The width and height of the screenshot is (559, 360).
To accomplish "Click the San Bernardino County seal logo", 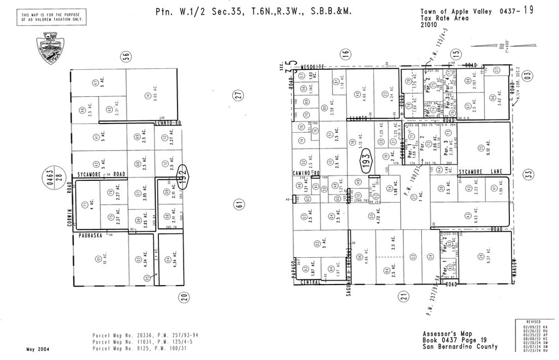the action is pyautogui.click(x=50, y=48).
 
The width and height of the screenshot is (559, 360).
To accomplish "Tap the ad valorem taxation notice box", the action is pyautogui.click(x=52, y=17).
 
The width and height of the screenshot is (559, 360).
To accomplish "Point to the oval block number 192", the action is pyautogui.click(x=184, y=173).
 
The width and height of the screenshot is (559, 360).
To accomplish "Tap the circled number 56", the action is pyautogui.click(x=126, y=56).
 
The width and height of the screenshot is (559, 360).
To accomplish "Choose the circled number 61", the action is pyautogui.click(x=239, y=205).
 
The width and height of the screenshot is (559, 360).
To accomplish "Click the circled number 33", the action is pyautogui.click(x=527, y=174).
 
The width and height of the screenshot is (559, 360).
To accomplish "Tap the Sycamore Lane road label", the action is pyautogui.click(x=480, y=172).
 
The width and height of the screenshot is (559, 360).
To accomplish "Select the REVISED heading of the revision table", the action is pyautogui.click(x=533, y=322).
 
